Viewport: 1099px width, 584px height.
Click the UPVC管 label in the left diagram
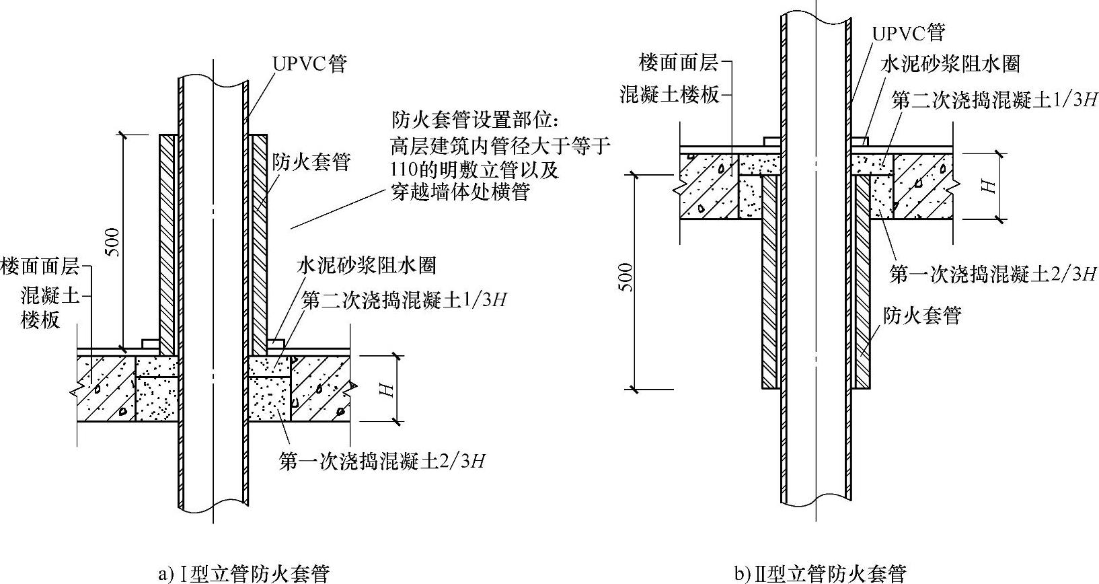(309, 64)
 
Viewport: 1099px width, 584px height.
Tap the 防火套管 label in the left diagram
(311, 162)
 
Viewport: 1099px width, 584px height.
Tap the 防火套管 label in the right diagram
(922, 315)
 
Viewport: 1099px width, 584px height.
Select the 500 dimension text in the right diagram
(626, 277)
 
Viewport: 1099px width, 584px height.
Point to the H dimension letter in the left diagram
(385, 390)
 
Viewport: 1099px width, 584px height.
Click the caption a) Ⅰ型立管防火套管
(243, 573)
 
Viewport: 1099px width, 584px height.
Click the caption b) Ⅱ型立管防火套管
(820, 573)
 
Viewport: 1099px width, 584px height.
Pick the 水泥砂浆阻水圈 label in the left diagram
(367, 265)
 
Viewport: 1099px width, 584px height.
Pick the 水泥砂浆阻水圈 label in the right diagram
(950, 64)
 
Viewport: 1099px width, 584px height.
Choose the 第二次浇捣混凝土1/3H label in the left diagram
(404, 300)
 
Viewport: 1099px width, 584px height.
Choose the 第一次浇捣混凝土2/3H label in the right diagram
(992, 274)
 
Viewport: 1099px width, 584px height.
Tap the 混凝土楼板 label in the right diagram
(669, 95)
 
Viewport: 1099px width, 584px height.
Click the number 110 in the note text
(402, 169)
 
